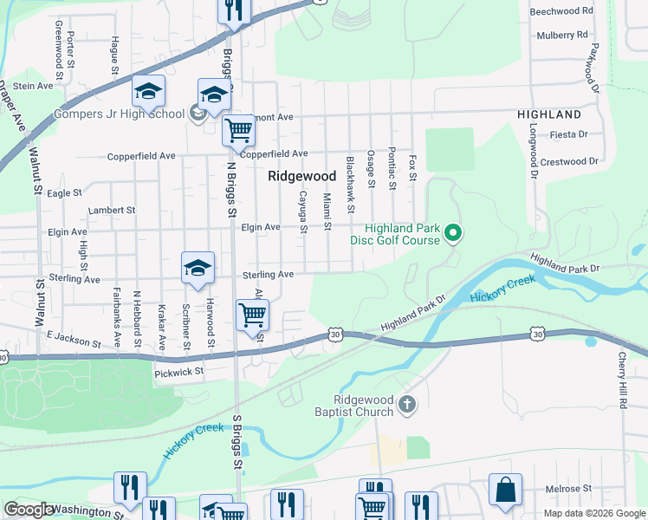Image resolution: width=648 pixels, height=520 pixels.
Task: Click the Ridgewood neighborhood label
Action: point(301,175)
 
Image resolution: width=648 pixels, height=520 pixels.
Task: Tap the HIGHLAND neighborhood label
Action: point(549,114)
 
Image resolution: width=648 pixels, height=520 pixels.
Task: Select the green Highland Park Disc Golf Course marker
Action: point(452,232)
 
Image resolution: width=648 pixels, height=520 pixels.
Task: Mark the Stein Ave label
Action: point(34,86)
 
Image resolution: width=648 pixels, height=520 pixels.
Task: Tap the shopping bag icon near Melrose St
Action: point(505,490)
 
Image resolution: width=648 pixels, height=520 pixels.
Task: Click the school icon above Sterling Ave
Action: point(198,268)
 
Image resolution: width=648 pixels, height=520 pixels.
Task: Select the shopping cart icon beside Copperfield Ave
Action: point(238,131)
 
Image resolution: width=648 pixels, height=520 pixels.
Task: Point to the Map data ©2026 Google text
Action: point(594,512)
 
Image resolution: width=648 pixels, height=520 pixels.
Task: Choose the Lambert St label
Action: point(112,210)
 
